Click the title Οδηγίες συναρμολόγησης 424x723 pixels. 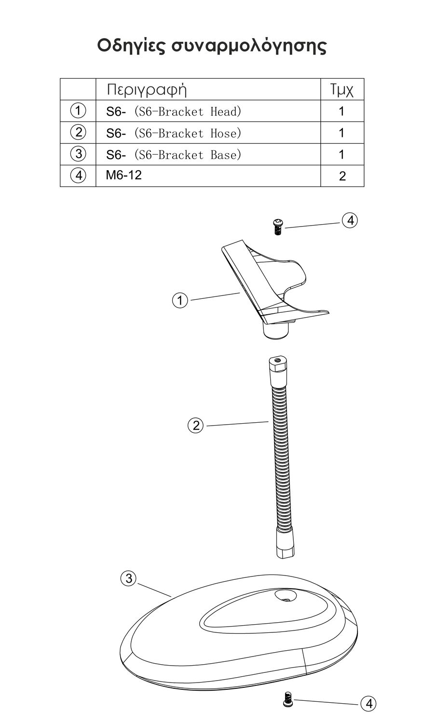point(212,46)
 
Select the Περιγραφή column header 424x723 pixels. point(147,89)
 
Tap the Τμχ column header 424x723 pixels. point(342,90)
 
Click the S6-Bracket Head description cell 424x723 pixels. point(174,111)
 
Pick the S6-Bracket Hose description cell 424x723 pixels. point(174,133)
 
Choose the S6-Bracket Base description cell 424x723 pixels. point(174,155)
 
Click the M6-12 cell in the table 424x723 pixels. point(124,175)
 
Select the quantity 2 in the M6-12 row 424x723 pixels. point(342,176)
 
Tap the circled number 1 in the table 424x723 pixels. point(78,110)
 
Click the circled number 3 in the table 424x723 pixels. point(78,154)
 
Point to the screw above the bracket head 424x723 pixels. point(278,226)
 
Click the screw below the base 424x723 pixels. point(287,698)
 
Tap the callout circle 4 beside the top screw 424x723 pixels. point(350,221)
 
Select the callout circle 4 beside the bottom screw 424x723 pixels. point(369,704)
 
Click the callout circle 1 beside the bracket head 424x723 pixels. point(180,301)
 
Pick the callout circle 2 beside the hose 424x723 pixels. point(196,426)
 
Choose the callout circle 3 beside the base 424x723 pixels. point(128,578)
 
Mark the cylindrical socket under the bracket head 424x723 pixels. point(275,331)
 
